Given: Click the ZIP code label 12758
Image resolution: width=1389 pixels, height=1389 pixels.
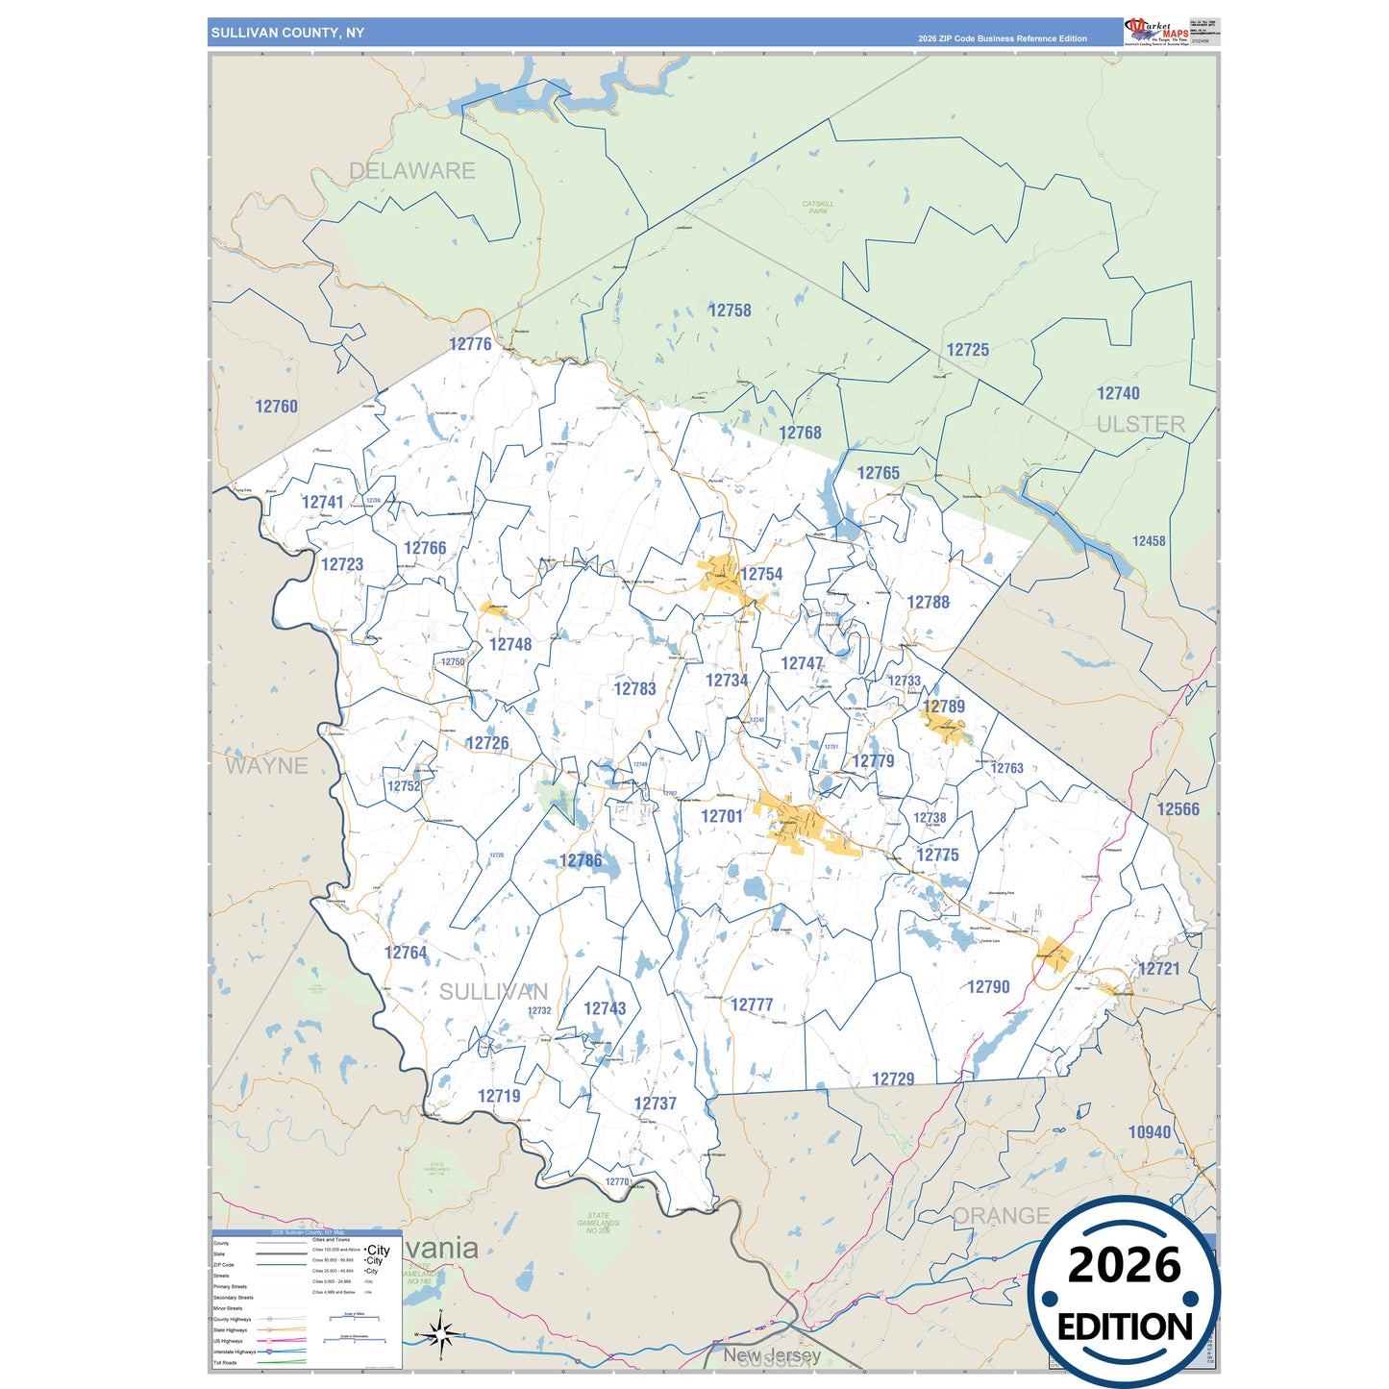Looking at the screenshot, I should click(730, 310).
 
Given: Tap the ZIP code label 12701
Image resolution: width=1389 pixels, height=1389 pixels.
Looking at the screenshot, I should click(721, 816).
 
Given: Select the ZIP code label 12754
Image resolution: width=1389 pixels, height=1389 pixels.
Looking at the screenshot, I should click(761, 574).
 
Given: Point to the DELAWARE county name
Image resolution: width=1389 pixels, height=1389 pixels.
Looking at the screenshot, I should click(411, 171).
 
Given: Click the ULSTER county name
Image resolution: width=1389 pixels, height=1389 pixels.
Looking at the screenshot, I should click(1140, 424).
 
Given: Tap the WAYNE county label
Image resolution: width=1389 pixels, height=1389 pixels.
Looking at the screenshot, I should click(266, 766).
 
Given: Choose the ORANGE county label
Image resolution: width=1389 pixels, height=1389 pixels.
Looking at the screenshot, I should click(1000, 1216).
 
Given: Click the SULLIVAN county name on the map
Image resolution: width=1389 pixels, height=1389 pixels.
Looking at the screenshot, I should click(493, 992).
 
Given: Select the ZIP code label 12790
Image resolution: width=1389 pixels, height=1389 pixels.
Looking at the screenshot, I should click(988, 987).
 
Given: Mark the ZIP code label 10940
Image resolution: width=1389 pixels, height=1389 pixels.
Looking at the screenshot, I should click(1150, 1132).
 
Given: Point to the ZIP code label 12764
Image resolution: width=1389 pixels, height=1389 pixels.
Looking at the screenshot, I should click(406, 953).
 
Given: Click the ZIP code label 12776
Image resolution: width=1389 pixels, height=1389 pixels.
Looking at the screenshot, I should click(470, 344).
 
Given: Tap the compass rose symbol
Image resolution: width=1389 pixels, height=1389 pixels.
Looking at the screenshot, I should click(440, 1334).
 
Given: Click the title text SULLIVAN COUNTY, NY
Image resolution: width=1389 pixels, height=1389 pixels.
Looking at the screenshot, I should click(287, 33).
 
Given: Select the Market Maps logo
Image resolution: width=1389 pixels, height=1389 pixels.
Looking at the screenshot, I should click(1156, 32).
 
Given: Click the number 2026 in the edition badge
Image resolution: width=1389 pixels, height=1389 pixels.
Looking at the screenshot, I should click(1124, 1265).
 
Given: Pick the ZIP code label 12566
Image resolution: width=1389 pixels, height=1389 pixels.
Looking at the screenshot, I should click(1178, 809).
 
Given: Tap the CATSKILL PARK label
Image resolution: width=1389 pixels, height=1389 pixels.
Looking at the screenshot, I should click(817, 208).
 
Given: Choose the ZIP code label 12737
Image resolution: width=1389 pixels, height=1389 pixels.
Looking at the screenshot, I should click(655, 1104).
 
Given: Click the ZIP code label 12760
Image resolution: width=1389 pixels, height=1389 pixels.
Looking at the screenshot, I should click(276, 407).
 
